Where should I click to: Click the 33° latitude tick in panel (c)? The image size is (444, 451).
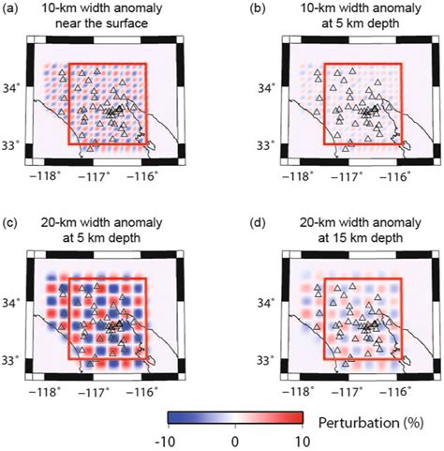coord(15,359)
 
